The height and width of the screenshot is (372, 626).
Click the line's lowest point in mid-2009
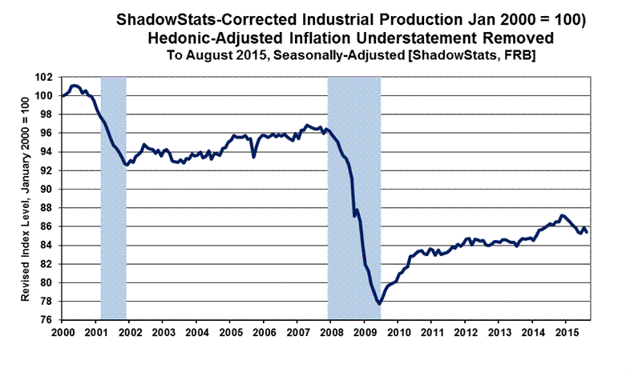tap(378, 303)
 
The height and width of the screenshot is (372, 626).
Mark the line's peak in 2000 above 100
tap(75, 86)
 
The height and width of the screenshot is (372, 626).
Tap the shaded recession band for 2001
tap(113, 198)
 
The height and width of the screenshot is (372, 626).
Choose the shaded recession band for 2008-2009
tap(353, 198)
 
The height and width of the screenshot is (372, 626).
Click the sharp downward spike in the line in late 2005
tap(253, 156)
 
